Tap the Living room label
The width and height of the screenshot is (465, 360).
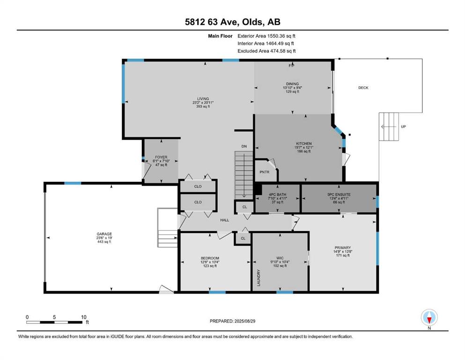coord(203,99)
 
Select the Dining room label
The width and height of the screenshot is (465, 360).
coord(292,84)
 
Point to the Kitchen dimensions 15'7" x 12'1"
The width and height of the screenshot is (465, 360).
coord(303,148)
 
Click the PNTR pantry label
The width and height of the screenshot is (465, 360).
coord(264,172)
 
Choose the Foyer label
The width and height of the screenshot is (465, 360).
coord(162,157)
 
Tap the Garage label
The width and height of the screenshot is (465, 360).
coord(104,234)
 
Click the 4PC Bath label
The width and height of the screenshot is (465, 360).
coord(278,195)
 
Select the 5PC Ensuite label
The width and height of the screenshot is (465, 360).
coord(339,195)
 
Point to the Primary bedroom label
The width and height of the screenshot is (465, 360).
coord(343,248)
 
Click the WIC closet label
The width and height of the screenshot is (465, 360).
coord(280,258)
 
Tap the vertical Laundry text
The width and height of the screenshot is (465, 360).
coord(258,278)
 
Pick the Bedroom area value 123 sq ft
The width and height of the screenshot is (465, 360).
coord(210,266)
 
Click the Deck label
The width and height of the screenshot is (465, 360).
coord(363,88)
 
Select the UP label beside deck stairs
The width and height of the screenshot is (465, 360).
coord(403,127)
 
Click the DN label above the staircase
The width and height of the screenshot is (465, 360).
coord(244,147)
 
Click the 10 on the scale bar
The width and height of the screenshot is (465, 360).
coord(84,317)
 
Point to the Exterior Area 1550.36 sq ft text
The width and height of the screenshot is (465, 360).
coord(266,36)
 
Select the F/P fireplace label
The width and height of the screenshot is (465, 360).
coord(292,66)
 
